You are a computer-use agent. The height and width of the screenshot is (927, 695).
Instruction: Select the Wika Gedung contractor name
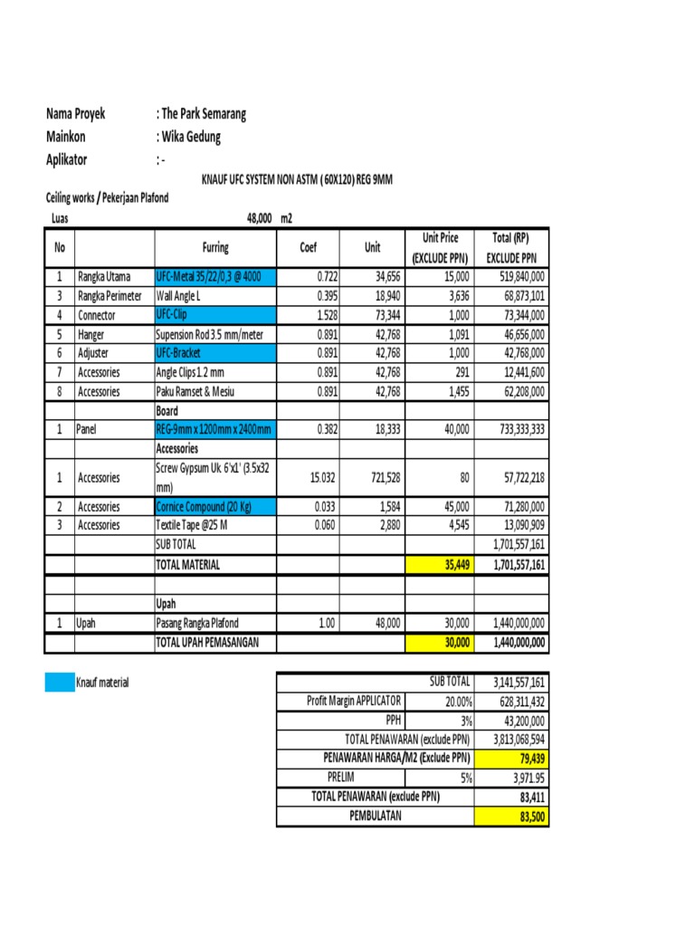pos(192,137)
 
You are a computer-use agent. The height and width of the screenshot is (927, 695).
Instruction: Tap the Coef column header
pos(308,247)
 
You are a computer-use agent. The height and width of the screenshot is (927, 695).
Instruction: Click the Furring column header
pos(215,247)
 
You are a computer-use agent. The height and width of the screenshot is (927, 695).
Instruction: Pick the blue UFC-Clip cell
pos(216,315)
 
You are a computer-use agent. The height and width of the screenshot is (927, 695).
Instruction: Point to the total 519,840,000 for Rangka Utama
pos(512,276)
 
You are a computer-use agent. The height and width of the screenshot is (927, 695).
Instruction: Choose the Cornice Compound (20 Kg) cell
pos(216,506)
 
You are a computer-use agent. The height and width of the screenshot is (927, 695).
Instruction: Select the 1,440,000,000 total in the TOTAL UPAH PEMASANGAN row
pos(511,642)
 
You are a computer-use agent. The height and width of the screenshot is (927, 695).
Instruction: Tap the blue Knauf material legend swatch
pos(58,683)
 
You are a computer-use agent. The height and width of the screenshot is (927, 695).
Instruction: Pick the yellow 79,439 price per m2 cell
pos(510,758)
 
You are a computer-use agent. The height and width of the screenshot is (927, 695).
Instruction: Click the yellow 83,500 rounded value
pos(510,816)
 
